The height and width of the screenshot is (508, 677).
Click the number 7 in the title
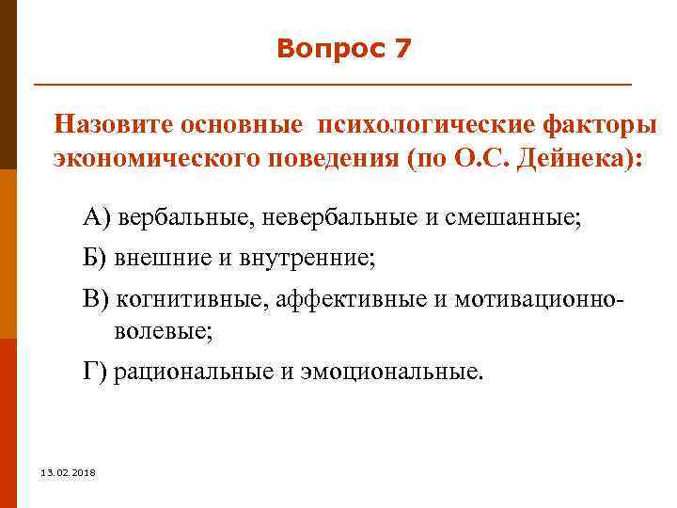(402, 49)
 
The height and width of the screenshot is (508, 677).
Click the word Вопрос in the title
(328, 49)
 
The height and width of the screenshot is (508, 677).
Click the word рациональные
(193, 371)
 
